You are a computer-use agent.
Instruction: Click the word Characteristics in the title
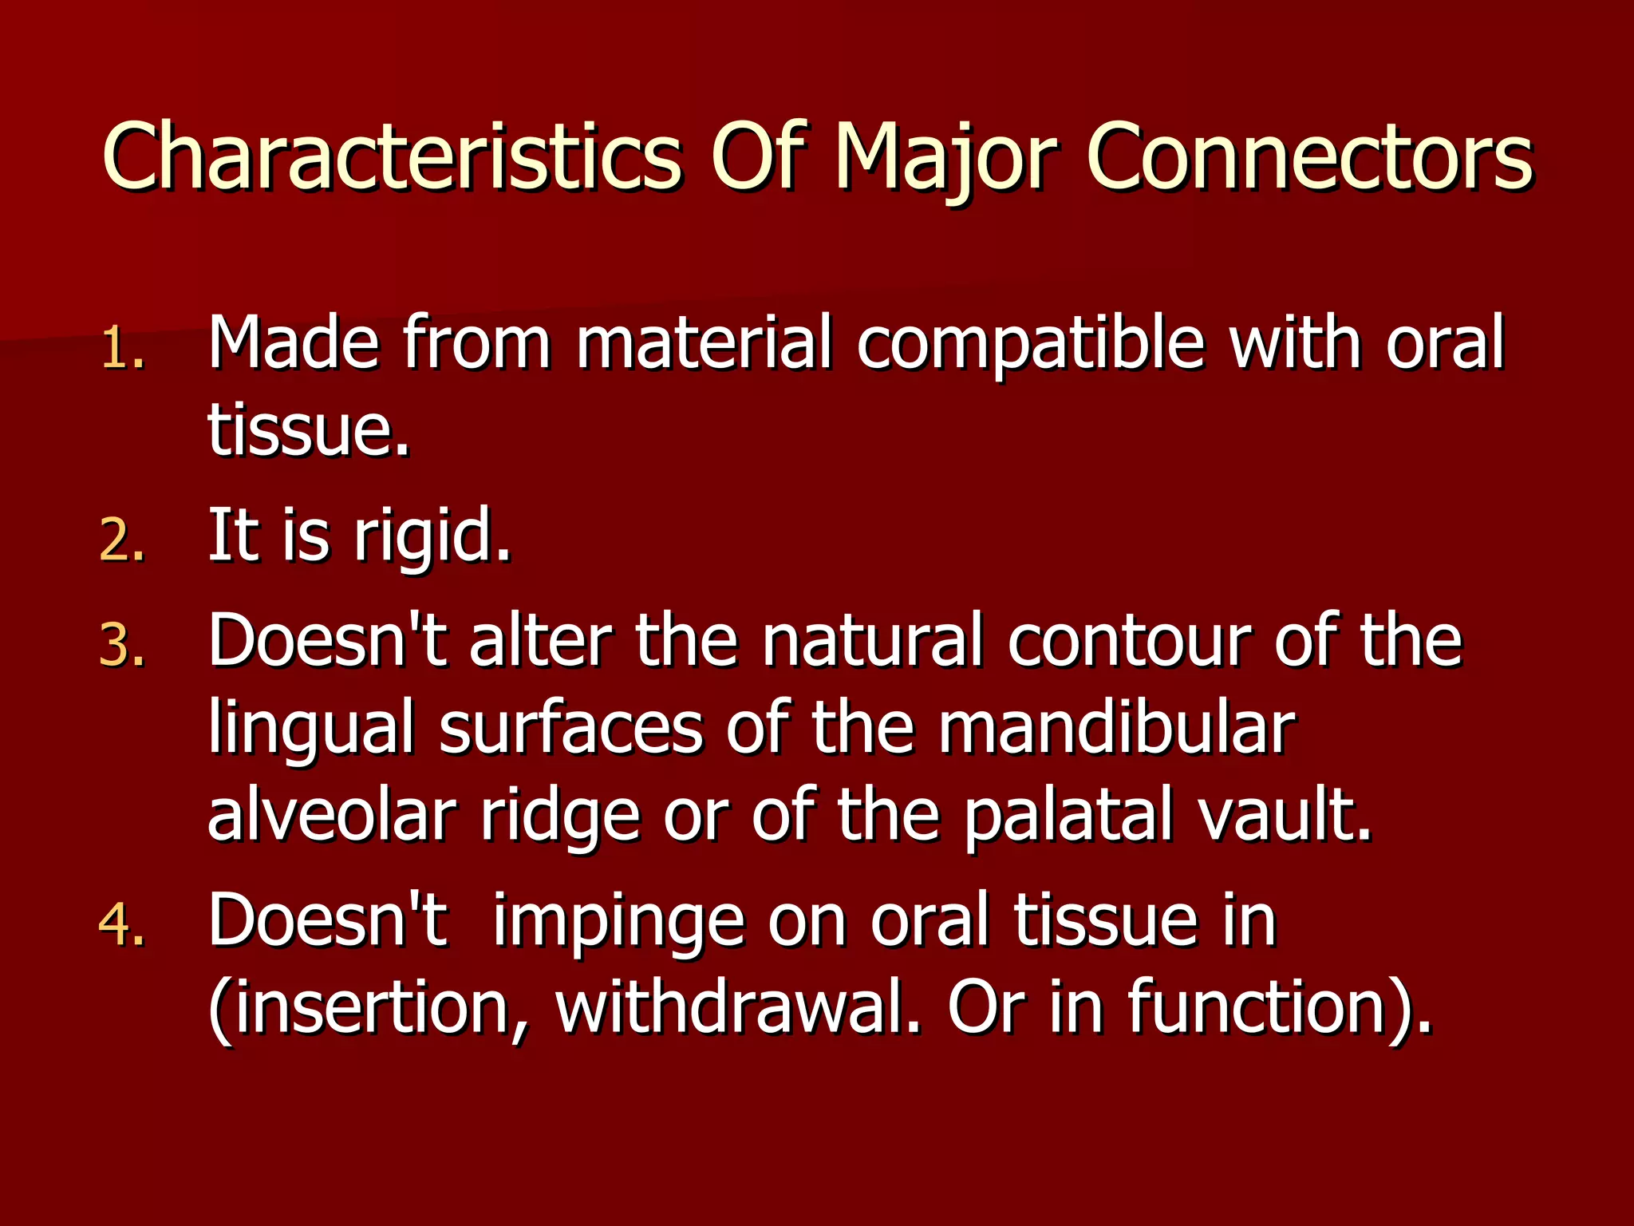[391, 156]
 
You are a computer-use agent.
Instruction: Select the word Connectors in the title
[1308, 156]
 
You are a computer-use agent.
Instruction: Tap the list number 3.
[121, 645]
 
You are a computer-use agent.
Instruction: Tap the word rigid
[431, 536]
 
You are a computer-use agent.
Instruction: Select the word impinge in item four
[618, 923]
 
